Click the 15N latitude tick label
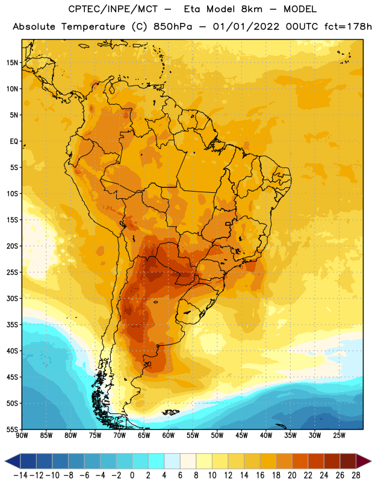pos(12,63)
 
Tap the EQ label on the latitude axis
pos(14,142)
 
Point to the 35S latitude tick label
pos(12,325)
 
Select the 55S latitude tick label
pos(12,429)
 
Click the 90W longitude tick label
pos(22,436)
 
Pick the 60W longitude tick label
pos(169,436)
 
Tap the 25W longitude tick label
pos(339,436)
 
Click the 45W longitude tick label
pos(241,436)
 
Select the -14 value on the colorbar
pos(20,475)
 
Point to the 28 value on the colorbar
pos(356,475)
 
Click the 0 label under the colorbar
pos(132,475)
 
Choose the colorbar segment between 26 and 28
pos(348,461)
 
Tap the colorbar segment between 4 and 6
pos(172,461)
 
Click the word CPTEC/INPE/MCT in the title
pos(113,9)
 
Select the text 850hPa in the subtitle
pos(172,27)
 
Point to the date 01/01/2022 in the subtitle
pos(246,27)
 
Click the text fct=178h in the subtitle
pos(348,27)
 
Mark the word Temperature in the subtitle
pos(93,27)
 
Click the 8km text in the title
pos(252,9)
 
